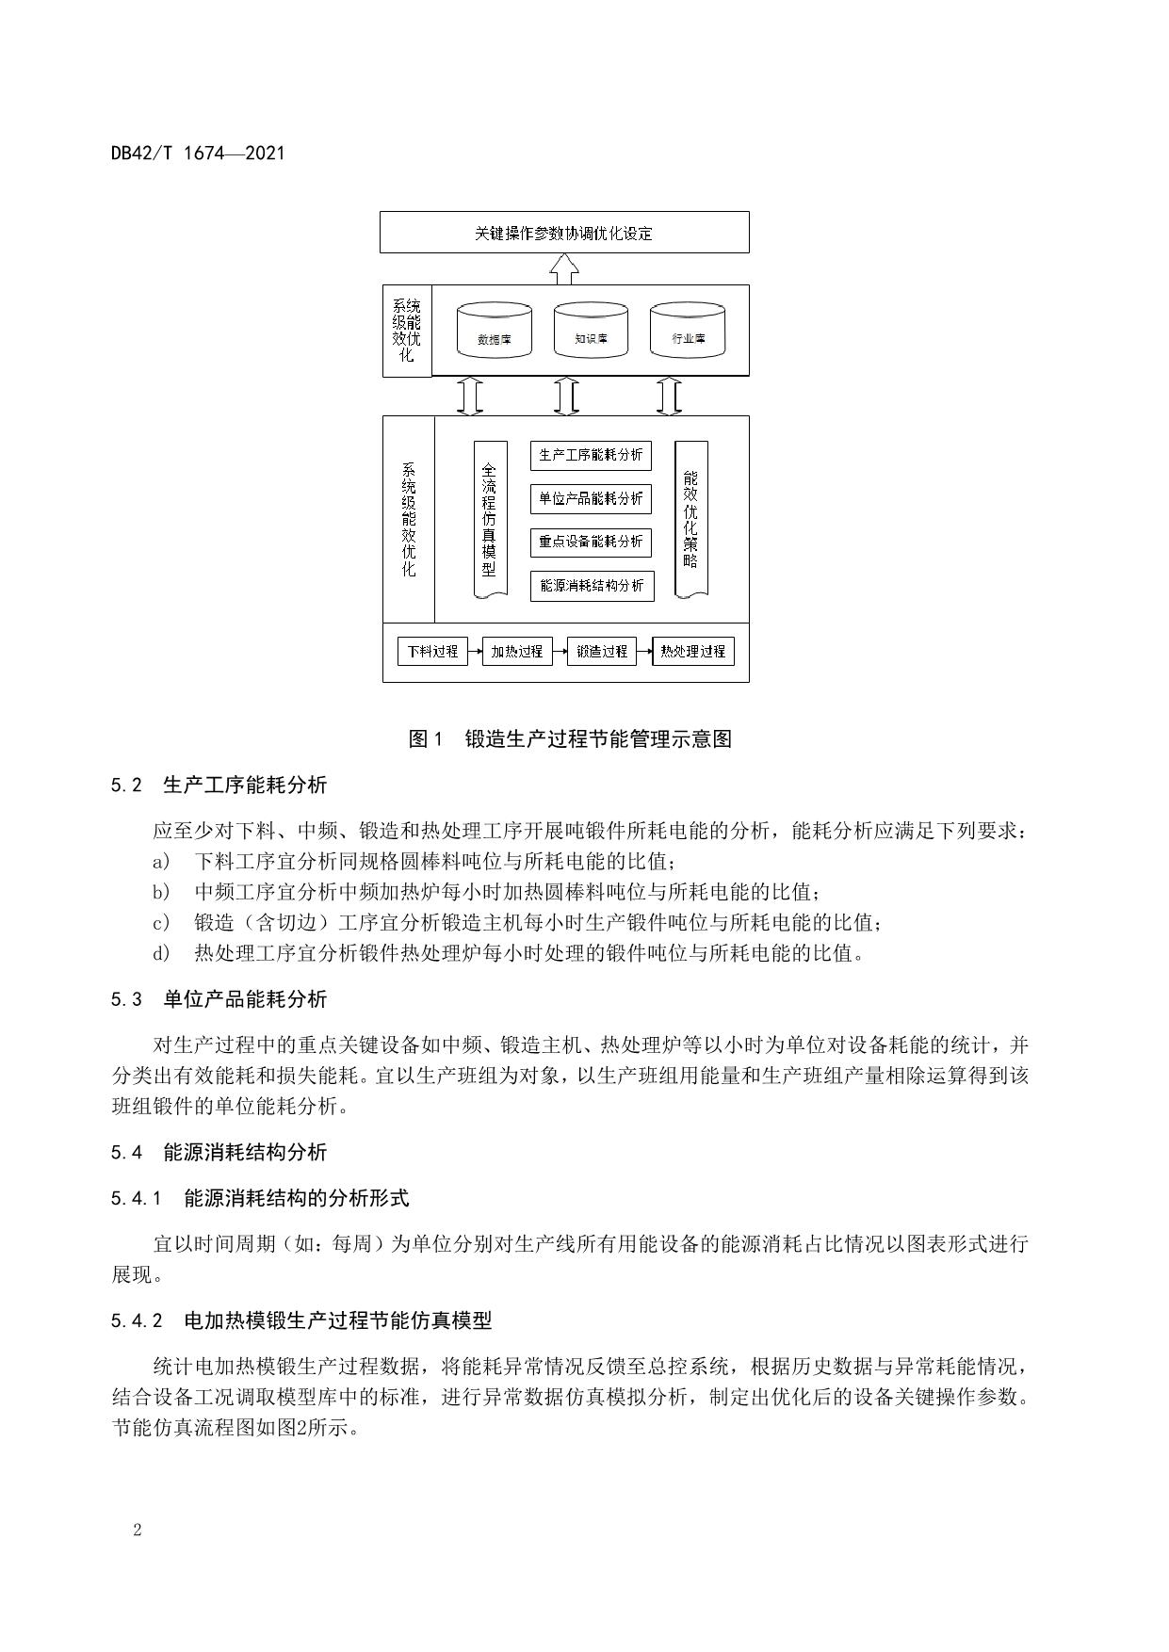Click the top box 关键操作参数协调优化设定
point(564,233)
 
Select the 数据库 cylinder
point(494,331)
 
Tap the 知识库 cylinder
point(591,331)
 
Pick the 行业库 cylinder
point(688,331)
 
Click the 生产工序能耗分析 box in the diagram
point(591,456)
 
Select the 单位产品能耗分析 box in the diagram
point(591,498)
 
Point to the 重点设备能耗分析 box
point(591,542)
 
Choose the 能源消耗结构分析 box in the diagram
point(591,586)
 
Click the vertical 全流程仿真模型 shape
point(490,519)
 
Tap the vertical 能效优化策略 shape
point(691,519)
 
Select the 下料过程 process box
point(432,652)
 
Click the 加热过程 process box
point(517,652)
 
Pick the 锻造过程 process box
point(602,652)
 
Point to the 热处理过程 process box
point(693,652)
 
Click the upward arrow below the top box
point(564,268)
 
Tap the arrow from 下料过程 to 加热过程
point(475,652)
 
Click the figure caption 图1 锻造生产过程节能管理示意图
point(570,739)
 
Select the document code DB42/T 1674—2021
point(198,154)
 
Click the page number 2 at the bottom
point(138,1531)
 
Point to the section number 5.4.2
point(137,1321)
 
